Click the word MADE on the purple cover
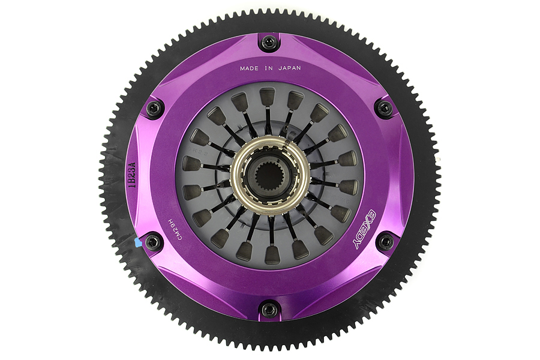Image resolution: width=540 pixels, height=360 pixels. pyautogui.click(x=251, y=68)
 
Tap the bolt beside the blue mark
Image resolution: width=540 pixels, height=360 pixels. pyautogui.click(x=154, y=242)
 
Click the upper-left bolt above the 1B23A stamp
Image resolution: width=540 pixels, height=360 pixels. pyautogui.click(x=154, y=109)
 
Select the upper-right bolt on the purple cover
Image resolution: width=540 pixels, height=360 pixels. pyautogui.click(x=385, y=108)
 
